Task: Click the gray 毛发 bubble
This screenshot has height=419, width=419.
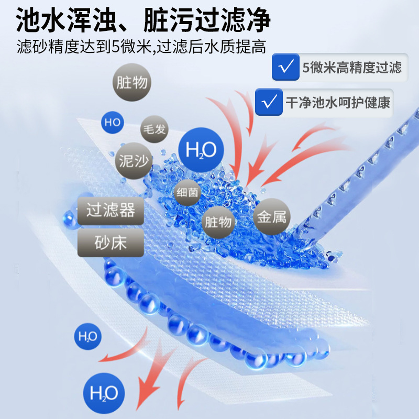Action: click(154, 129)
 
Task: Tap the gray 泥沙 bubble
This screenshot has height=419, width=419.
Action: click(134, 161)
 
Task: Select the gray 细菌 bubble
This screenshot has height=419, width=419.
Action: click(188, 192)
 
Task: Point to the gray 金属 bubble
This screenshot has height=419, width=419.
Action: click(271, 217)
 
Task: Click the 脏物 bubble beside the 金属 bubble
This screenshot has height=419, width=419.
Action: click(218, 222)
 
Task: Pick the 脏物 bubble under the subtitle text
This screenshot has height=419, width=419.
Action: click(132, 82)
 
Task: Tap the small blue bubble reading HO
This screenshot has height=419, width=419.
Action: click(113, 123)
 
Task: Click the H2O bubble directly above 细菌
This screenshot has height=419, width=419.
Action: click(201, 150)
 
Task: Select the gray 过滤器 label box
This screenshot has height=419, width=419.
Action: click(111, 211)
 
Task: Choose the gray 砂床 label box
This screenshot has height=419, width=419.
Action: click(111, 242)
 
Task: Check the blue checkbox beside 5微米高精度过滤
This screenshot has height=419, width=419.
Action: click(285, 67)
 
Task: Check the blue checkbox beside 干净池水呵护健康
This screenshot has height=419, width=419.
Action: click(269, 102)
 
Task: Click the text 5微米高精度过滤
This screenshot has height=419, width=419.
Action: click(351, 68)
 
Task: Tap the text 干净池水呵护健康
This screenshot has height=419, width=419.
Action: click(338, 103)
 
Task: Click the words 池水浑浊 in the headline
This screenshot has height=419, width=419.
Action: click(67, 20)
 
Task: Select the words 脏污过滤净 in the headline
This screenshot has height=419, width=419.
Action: click(207, 20)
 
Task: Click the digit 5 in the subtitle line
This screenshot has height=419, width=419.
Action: click(115, 47)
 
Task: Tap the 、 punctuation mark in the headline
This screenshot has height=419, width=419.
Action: click(128, 27)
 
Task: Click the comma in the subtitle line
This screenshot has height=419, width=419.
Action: click(154, 51)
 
